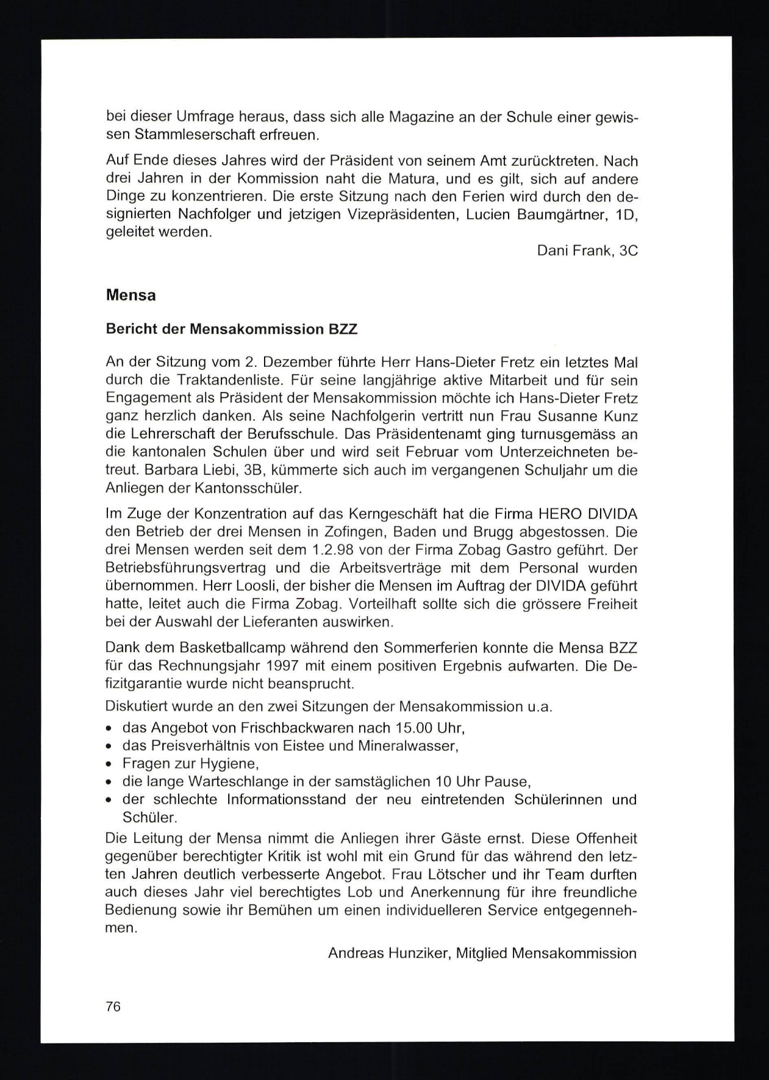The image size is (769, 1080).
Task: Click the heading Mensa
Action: pos(131,296)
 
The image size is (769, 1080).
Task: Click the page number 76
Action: pos(113,1007)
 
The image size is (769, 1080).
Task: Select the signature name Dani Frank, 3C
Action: pos(587,250)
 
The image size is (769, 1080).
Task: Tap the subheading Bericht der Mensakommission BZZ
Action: pos(231,330)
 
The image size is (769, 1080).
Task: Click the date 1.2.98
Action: pos(333,550)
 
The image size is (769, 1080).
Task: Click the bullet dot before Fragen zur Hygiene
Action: pos(109,764)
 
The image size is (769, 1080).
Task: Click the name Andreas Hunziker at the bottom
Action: pos(388,953)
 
